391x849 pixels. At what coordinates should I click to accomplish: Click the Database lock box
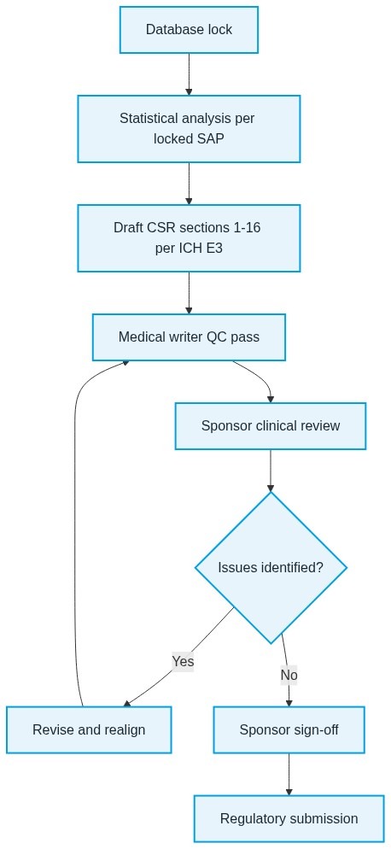pos(189,30)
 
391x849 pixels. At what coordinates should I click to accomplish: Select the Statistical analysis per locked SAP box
pos(189,129)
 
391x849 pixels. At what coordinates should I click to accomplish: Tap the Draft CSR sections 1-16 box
pos(189,237)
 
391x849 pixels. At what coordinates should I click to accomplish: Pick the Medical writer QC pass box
pos(189,337)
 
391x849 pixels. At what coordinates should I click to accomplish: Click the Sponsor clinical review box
pos(271,426)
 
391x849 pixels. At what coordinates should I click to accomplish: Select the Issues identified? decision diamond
pos(271,567)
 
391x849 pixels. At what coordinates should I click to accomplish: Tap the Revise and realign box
pos(89,730)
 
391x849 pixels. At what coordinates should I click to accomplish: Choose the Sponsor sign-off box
pos(289,730)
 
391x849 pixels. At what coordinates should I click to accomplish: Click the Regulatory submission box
pos(289,818)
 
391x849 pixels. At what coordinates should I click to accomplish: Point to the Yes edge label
pos(183,662)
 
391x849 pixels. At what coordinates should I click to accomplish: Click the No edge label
pos(289,676)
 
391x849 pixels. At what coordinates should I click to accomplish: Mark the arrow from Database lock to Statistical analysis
pos(189,74)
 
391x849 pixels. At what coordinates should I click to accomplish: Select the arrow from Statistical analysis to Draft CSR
pos(189,184)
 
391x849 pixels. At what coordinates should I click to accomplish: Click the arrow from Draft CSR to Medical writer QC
pos(189,293)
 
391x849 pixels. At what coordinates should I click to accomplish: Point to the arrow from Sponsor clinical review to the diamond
pos(271,471)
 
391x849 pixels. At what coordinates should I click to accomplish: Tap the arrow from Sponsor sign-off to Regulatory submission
pos(289,775)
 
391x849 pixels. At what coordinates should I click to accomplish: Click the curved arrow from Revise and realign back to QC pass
pos(75,530)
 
